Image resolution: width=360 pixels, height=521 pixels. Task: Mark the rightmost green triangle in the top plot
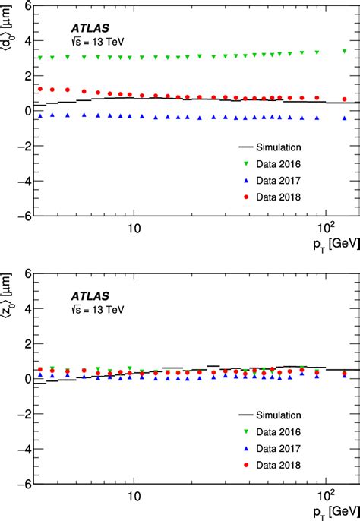pyautogui.click(x=345, y=51)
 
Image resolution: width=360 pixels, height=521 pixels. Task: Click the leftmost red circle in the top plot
pyautogui.click(x=40, y=89)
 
